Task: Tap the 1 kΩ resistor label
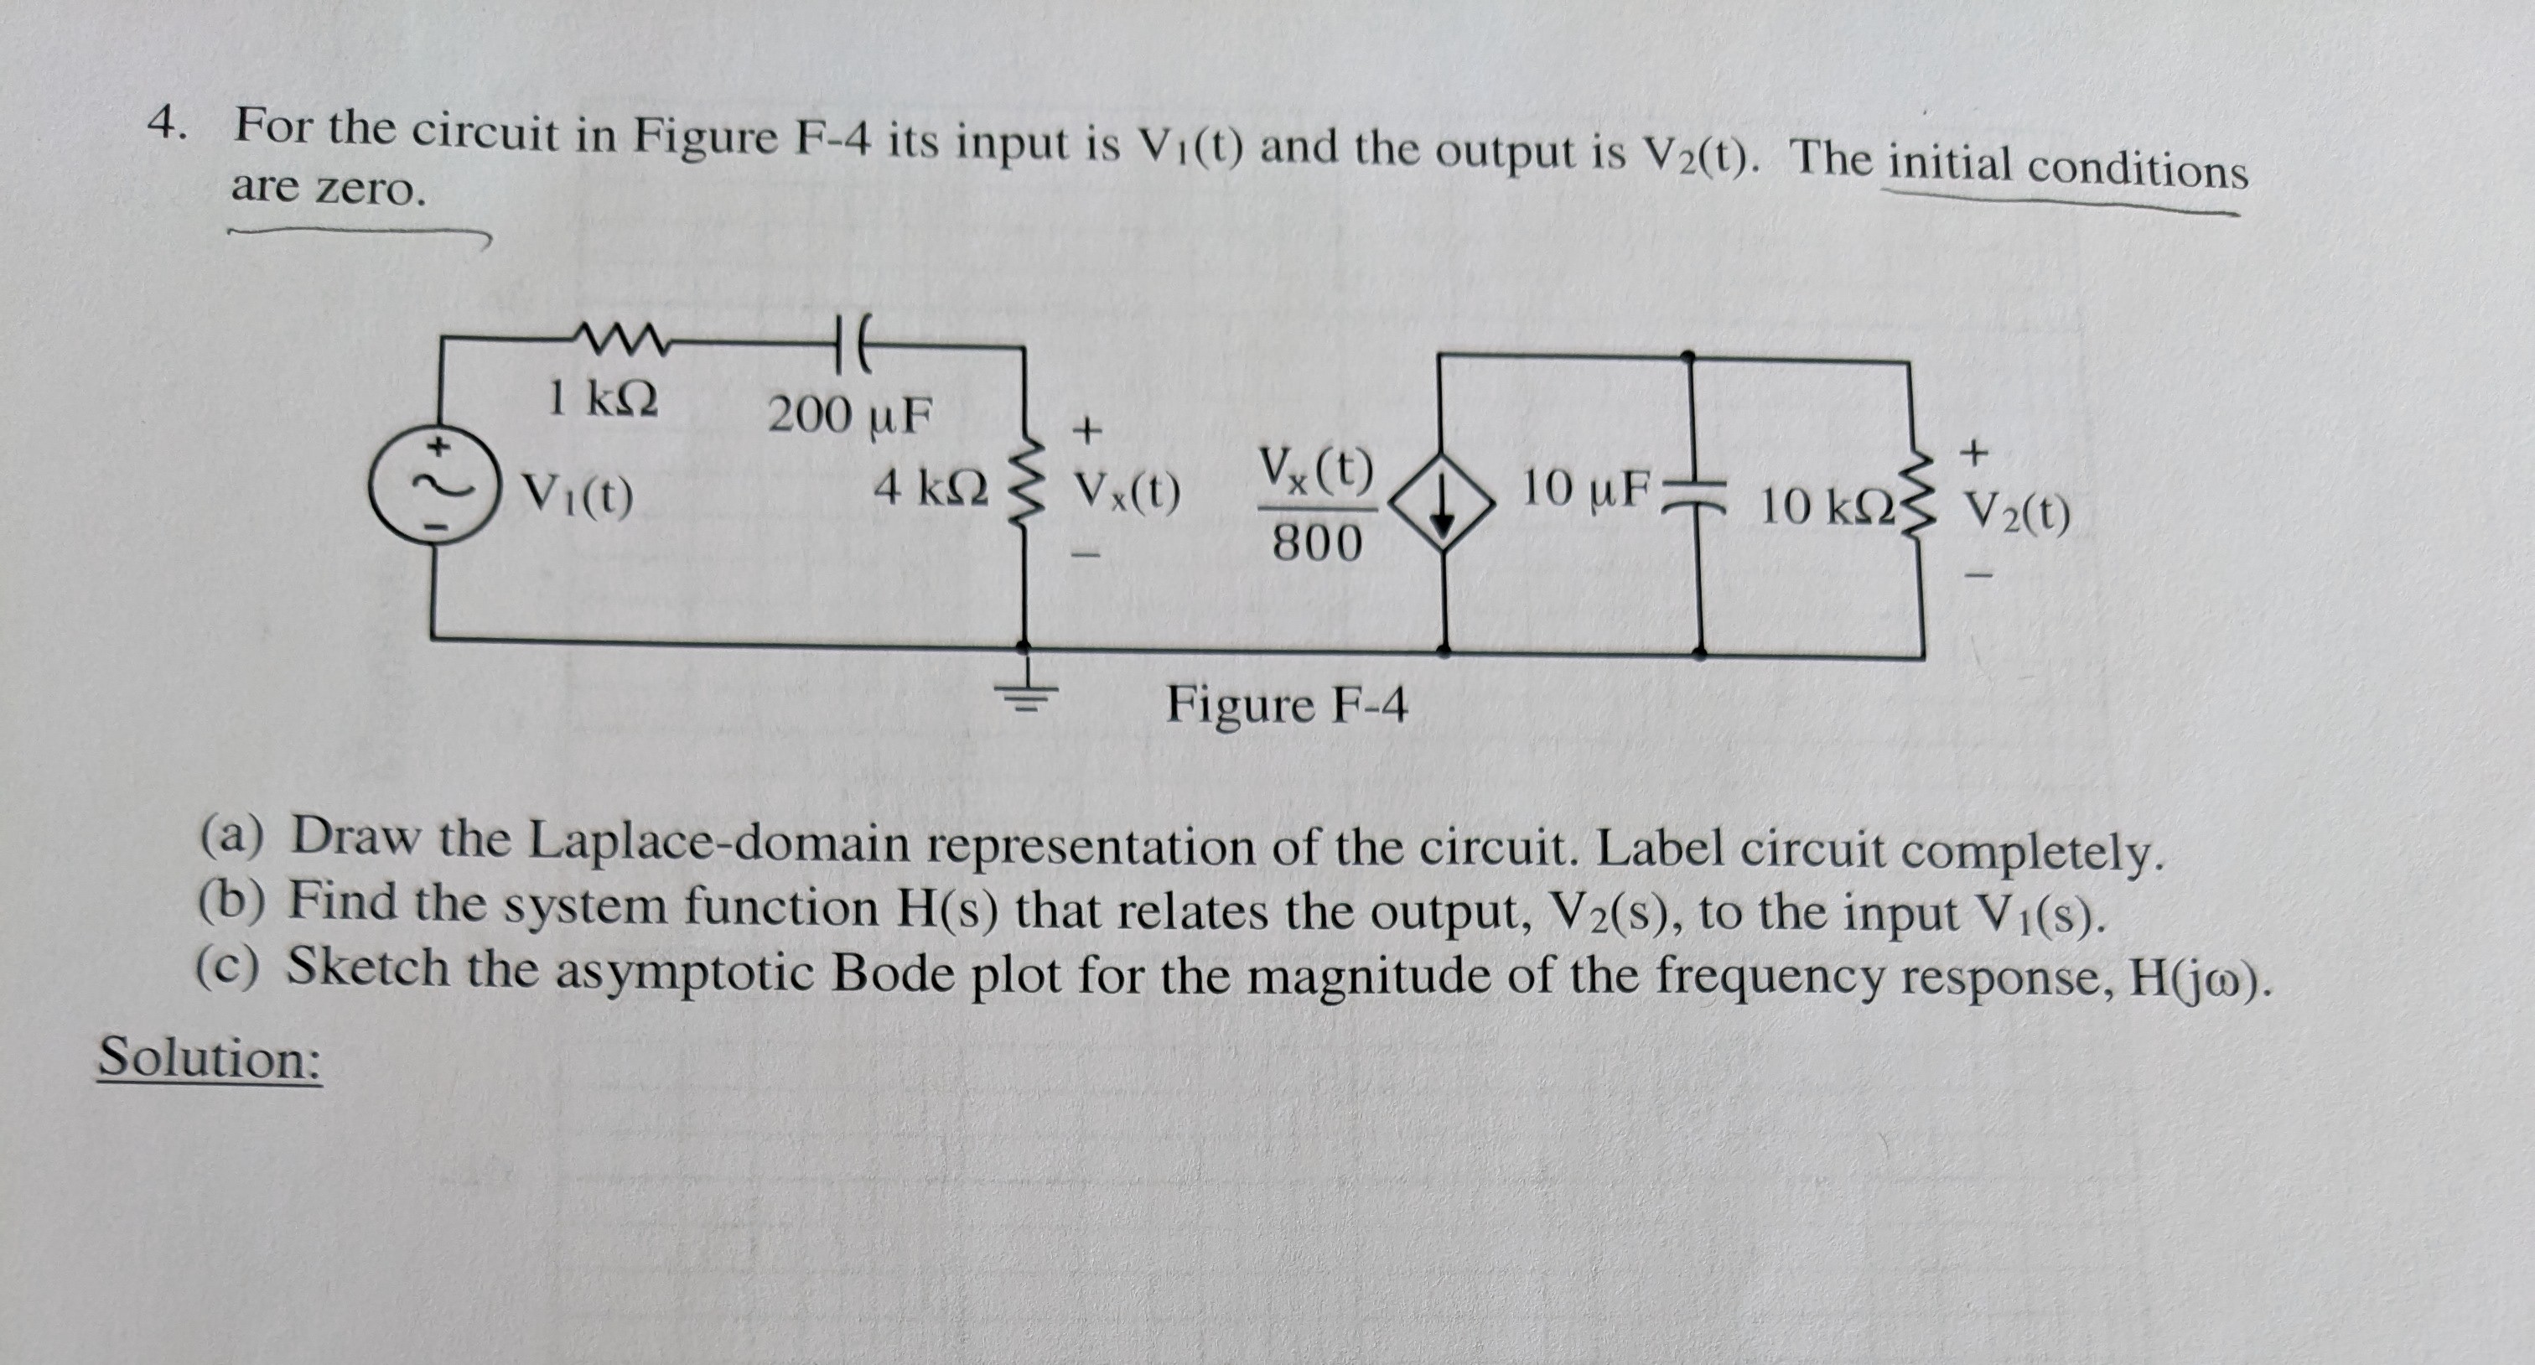602,398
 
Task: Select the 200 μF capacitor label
849,415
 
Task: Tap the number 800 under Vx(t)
1317,543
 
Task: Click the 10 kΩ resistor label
1826,506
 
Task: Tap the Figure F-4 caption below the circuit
1286,704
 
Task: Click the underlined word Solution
210,1058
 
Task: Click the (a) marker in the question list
231,836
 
